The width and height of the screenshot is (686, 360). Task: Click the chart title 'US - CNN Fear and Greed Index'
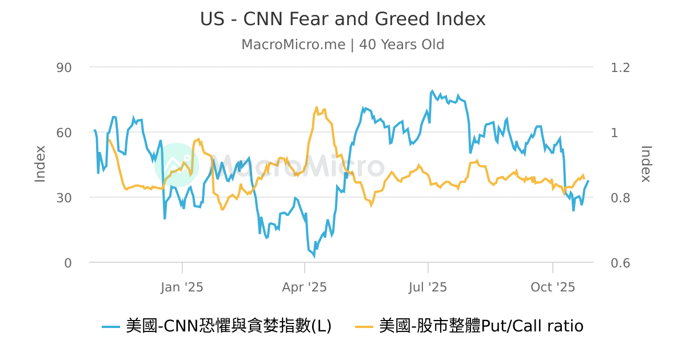click(x=342, y=19)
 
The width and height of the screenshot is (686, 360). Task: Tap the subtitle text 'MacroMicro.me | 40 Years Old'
click(x=342, y=45)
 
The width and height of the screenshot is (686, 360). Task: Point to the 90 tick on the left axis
click(x=63, y=67)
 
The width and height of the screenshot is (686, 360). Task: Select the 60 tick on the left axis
click(x=63, y=133)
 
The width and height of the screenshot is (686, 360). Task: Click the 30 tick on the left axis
click(x=63, y=198)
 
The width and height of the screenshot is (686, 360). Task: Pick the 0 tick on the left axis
click(x=67, y=263)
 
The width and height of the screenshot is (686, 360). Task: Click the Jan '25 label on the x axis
click(x=182, y=287)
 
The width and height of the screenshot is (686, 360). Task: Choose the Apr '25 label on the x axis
click(x=305, y=287)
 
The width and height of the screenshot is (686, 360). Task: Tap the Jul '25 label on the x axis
click(x=428, y=287)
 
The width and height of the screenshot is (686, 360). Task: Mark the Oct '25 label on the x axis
click(x=553, y=287)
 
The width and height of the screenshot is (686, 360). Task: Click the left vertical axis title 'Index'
click(x=40, y=164)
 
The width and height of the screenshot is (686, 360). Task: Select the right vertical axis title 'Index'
click(x=646, y=164)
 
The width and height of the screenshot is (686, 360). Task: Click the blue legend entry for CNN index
click(x=217, y=326)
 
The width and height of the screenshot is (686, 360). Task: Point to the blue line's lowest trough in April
click(x=313, y=256)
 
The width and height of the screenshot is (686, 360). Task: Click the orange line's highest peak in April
click(x=317, y=107)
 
